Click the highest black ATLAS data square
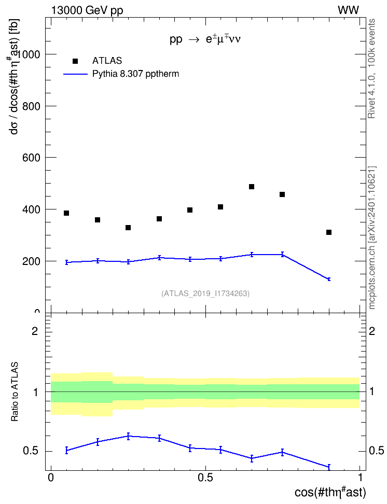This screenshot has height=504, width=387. coord(252,187)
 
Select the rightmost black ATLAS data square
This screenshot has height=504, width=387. coord(329,232)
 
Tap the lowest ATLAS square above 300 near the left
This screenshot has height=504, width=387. coord(128,228)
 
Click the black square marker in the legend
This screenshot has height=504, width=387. coord(75,61)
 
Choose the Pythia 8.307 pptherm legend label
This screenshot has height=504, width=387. coord(135,74)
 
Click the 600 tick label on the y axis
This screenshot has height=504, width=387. coord(31,158)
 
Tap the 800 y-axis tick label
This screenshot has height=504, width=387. coord(31,106)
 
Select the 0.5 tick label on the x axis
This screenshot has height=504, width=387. coord(205,478)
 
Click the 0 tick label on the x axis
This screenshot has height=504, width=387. coord(51,478)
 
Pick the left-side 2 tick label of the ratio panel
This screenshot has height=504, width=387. coord(35,331)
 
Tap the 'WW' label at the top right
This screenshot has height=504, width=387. coord(348,10)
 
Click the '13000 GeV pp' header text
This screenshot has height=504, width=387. coord(87,10)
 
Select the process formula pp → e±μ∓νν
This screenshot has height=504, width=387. coord(205,39)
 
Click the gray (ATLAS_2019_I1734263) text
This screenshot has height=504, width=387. coord(205,293)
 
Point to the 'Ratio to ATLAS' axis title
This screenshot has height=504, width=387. coord(15,392)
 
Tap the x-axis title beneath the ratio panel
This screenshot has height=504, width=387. coord(330,492)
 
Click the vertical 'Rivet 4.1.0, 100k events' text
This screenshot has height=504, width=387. coord(371,68)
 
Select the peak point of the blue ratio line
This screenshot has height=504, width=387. coord(128,436)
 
